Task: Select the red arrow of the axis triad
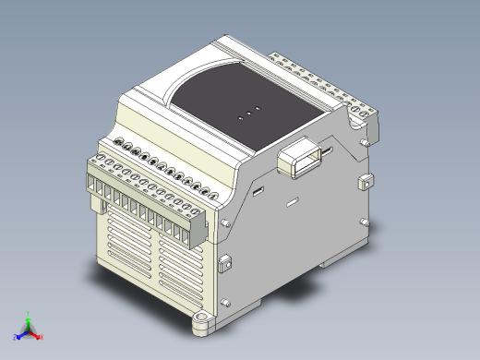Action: (x=34, y=331)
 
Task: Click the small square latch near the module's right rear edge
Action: (x=366, y=180)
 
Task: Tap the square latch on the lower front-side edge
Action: (x=223, y=263)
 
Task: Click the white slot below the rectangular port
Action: (x=293, y=201)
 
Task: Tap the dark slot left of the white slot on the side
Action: (x=259, y=191)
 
